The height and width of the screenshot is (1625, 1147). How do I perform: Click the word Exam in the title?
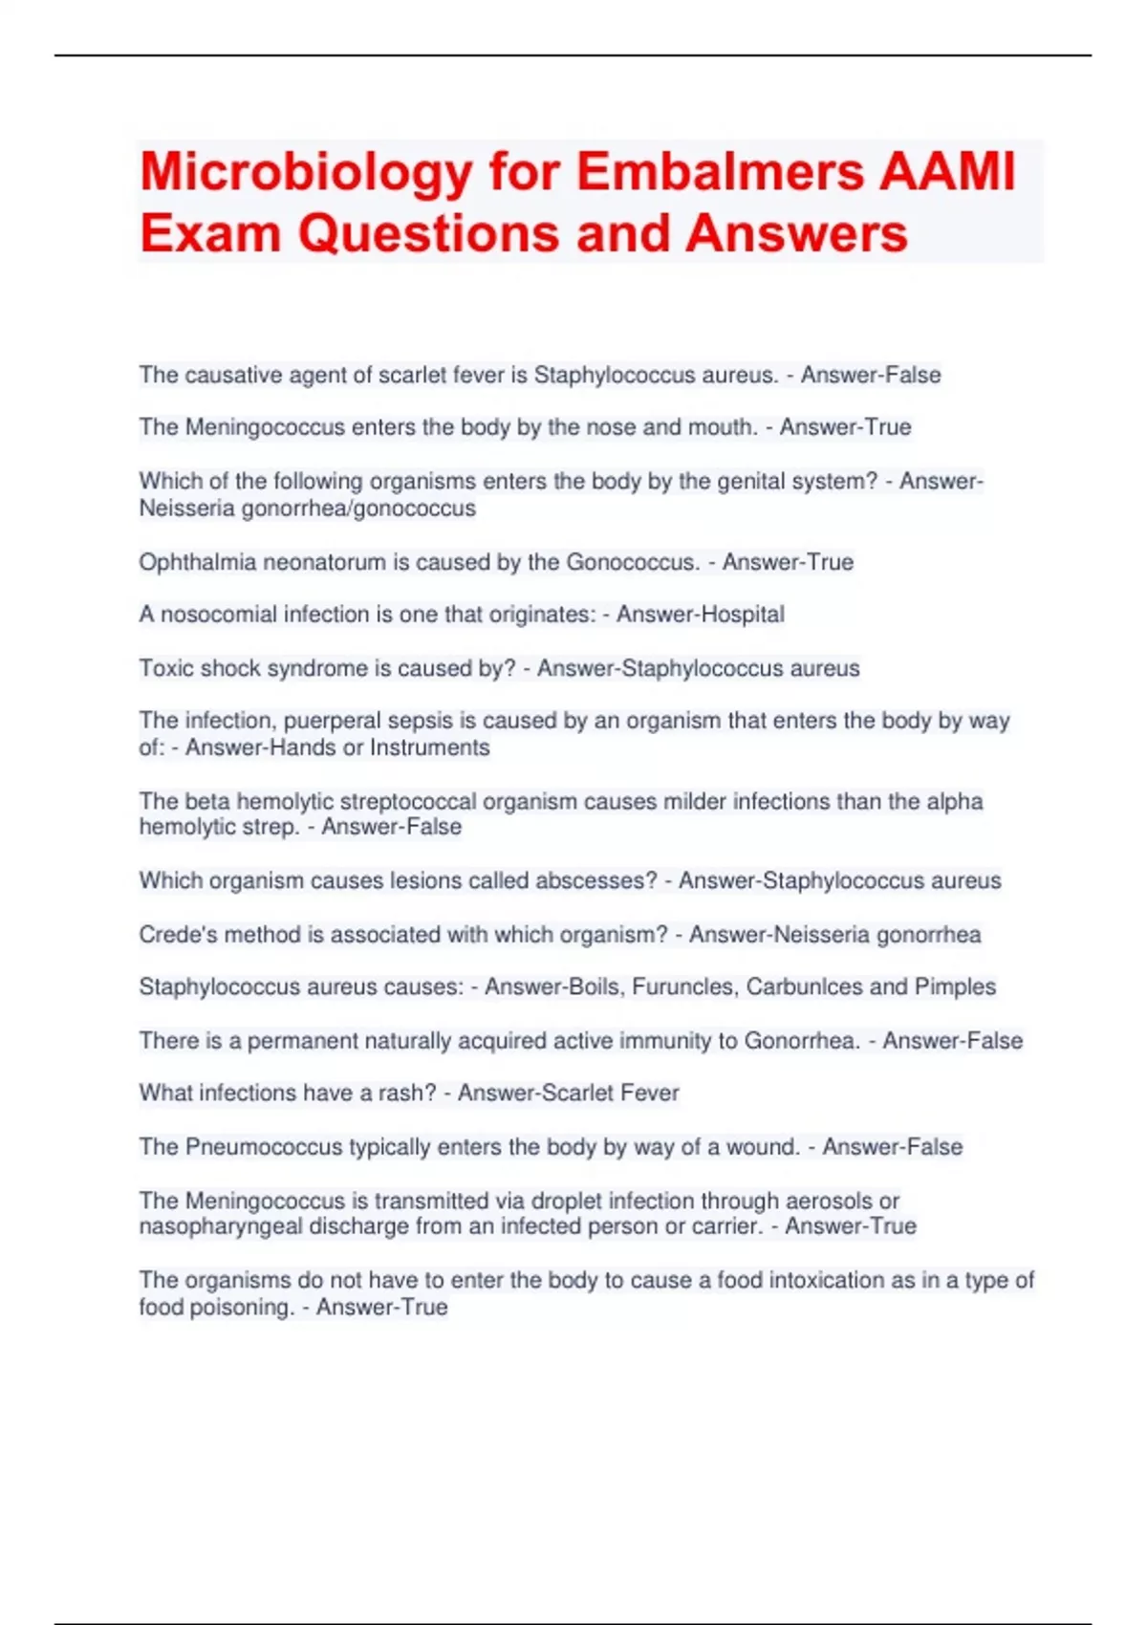pyautogui.click(x=210, y=234)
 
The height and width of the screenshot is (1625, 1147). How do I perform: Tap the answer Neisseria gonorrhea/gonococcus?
pyautogui.click(x=307, y=508)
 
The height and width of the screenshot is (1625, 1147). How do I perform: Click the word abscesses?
pyautogui.click(x=595, y=880)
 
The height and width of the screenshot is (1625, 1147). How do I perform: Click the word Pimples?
pyautogui.click(x=955, y=986)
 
